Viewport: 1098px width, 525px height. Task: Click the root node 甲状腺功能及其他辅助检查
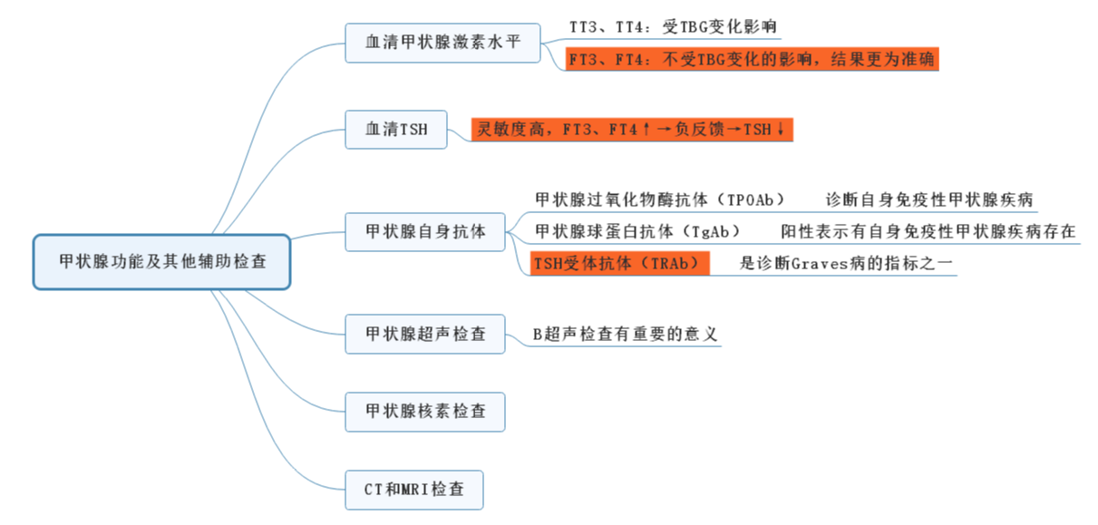(162, 262)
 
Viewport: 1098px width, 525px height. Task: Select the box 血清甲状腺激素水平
(443, 43)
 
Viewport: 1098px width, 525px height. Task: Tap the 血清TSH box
(395, 130)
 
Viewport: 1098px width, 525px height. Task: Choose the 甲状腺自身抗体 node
(425, 232)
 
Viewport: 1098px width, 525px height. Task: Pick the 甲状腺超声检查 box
(425, 334)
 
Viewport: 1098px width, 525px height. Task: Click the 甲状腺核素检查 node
(425, 412)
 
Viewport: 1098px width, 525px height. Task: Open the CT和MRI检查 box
(414, 490)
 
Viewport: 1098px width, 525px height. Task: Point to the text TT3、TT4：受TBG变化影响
(673, 27)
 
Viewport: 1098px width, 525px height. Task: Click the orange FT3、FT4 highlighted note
(752, 60)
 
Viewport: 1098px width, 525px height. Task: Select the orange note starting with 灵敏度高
(632, 130)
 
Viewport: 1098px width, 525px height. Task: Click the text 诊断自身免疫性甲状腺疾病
(929, 199)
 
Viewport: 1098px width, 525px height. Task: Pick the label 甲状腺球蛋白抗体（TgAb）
(638, 231)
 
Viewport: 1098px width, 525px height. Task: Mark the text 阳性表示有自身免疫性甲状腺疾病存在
(928, 231)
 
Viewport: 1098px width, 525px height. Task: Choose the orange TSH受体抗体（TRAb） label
(619, 263)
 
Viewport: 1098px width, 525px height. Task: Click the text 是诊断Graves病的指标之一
(847, 263)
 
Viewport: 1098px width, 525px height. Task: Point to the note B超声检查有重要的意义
(626, 334)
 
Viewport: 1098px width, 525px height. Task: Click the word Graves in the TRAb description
(819, 263)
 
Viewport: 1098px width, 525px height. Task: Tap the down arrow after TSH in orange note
(781, 130)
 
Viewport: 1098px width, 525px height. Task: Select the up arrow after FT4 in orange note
(646, 130)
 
